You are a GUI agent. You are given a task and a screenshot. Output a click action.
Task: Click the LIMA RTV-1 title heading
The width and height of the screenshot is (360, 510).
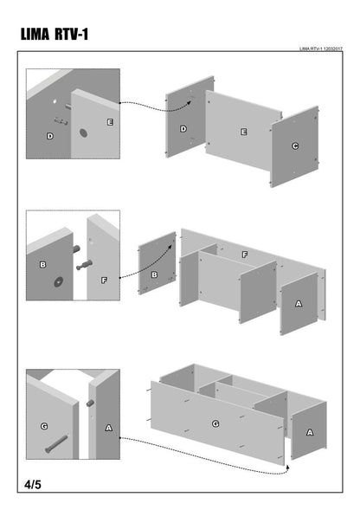pos(55,34)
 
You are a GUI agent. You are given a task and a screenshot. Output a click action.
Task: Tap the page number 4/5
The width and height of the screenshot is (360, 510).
pos(33,485)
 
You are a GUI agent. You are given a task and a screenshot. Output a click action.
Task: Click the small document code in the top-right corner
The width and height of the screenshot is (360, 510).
pos(321,48)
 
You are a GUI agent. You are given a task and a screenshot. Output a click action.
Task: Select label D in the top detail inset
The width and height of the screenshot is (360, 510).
pos(49,136)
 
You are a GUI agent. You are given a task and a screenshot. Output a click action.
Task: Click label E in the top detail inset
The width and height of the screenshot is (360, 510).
pos(110,122)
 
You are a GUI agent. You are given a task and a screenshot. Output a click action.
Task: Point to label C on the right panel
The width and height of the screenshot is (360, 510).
pos(295,146)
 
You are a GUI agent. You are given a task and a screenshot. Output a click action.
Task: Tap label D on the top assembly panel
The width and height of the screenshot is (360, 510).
pos(183,129)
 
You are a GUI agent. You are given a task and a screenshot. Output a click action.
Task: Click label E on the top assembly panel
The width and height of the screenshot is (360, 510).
pos(243,132)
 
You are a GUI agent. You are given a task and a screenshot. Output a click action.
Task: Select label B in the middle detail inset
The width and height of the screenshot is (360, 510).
pos(42,265)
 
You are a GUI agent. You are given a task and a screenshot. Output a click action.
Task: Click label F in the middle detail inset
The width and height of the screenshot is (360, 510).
pos(104,280)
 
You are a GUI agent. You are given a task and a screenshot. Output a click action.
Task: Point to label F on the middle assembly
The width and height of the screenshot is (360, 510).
pos(245,255)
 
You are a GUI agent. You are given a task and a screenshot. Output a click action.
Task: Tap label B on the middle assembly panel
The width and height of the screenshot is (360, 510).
pos(154,274)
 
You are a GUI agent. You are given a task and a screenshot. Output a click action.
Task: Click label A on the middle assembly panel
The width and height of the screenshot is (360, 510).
pos(299,304)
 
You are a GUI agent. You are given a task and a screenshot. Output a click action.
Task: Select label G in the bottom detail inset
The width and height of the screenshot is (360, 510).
pos(44,426)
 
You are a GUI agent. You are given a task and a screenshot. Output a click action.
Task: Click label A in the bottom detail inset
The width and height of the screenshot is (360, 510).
pos(109,428)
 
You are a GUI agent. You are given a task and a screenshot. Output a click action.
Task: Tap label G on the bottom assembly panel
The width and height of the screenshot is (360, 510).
pos(215,423)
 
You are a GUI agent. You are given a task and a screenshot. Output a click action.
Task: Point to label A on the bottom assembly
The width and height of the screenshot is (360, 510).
pos(310,433)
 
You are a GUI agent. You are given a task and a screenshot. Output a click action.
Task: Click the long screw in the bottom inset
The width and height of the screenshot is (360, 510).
pos(56,443)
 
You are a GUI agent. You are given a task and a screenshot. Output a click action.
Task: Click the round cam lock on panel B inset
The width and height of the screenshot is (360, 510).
pos(59,281)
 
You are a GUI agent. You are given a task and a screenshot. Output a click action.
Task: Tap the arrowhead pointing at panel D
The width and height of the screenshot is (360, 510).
pos(189,103)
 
